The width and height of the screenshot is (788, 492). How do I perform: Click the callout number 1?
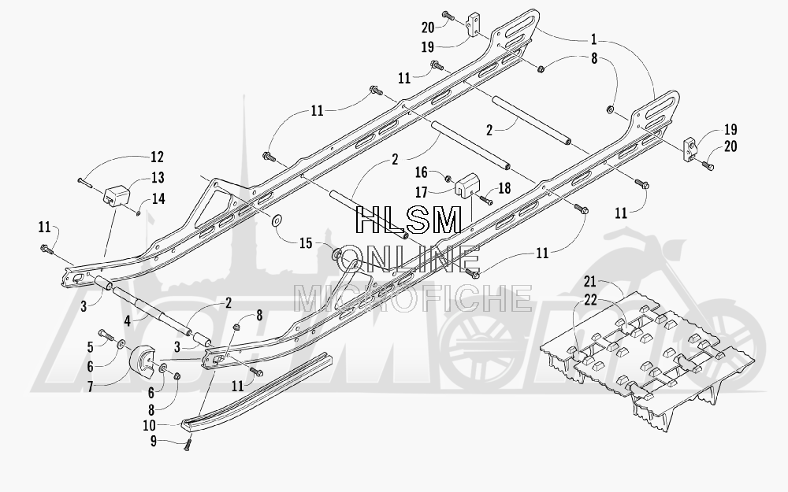(593, 39)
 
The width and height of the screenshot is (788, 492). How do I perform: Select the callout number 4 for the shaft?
(128, 320)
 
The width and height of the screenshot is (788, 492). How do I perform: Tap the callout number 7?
(91, 386)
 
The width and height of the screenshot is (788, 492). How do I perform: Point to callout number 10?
(149, 426)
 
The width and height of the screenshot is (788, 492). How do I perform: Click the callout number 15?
(306, 243)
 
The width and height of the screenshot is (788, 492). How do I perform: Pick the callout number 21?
(589, 281)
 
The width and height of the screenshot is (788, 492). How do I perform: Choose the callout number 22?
(590, 300)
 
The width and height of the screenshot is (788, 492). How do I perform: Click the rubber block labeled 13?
(116, 196)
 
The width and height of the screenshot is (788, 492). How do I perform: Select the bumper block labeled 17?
(466, 184)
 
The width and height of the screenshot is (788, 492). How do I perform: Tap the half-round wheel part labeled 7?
(143, 364)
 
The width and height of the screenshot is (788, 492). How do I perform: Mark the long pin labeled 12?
(84, 181)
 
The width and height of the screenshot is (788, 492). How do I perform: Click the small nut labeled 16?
(446, 178)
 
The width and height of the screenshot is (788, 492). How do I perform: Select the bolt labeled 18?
(486, 200)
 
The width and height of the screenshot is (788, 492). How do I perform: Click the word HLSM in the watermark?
(408, 220)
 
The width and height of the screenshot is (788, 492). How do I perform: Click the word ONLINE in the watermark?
(408, 260)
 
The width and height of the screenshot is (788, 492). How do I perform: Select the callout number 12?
(157, 157)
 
